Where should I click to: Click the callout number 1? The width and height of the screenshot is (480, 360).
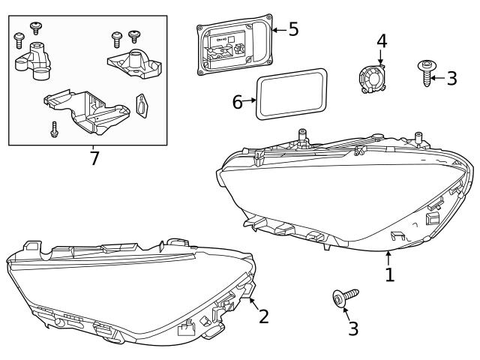(389, 274)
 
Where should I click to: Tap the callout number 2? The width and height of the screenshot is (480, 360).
(263, 316)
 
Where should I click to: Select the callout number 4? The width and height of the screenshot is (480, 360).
(382, 40)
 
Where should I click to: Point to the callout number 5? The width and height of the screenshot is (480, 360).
(293, 29)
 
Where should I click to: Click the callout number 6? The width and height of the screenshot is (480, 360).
(238, 101)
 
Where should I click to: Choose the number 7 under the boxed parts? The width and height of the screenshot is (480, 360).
(94, 159)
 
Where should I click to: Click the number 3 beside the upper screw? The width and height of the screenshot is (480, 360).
(451, 78)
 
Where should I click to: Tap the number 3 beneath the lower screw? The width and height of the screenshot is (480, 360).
(353, 328)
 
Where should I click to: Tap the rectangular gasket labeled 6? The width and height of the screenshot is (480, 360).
(291, 94)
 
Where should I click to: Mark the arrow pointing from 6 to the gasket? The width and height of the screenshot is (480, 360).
(252, 101)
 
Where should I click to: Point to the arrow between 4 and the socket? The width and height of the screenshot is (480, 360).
(380, 59)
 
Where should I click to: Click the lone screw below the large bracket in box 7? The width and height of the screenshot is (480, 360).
(55, 130)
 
